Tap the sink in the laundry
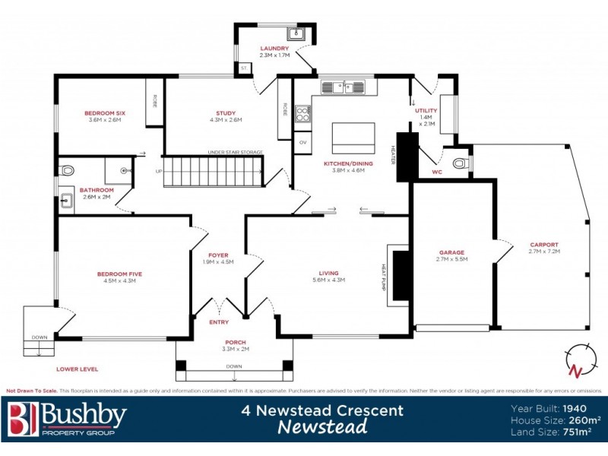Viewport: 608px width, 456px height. (296, 33)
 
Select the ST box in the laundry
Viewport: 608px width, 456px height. (244, 68)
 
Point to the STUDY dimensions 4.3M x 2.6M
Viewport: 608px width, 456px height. (225, 119)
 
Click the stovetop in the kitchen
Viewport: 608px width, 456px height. (302, 115)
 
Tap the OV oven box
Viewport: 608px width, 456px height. (302, 142)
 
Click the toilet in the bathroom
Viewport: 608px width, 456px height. (66, 170)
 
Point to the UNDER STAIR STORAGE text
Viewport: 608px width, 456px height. (235, 152)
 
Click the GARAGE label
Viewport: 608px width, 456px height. (451, 252)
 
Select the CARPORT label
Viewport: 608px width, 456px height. (543, 245)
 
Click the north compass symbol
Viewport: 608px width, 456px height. (579, 360)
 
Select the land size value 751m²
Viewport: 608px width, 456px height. (578, 432)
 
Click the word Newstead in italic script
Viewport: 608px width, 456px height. (322, 427)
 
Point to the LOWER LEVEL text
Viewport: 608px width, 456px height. (77, 369)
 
